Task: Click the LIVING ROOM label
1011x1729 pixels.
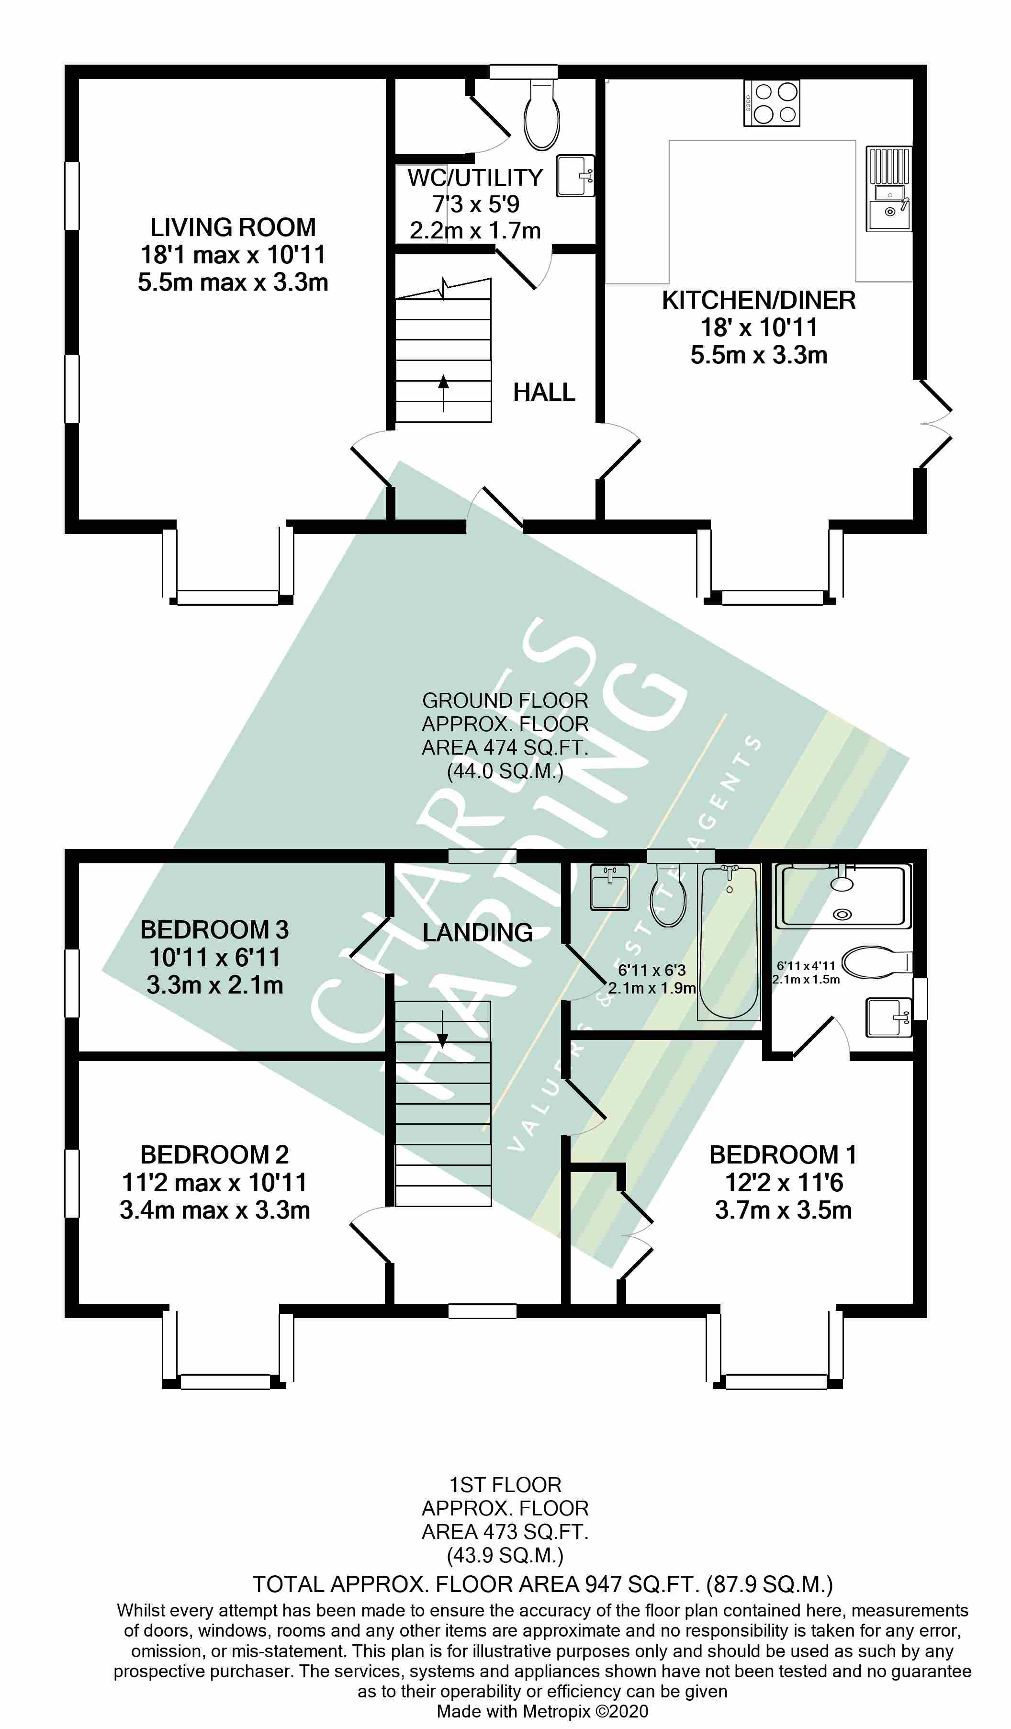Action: [233, 227]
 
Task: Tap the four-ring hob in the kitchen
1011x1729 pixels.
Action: [772, 103]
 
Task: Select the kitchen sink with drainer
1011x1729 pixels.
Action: [889, 189]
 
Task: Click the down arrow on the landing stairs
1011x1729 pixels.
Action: [442, 1029]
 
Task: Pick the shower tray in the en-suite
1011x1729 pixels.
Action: [842, 895]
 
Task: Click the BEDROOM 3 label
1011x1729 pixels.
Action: [214, 930]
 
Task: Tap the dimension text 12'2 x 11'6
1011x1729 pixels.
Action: [783, 1182]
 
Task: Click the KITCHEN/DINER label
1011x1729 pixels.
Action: [759, 300]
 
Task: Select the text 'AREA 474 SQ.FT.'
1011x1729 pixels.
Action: [505, 747]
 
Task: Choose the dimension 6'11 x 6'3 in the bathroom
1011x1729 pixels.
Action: [652, 970]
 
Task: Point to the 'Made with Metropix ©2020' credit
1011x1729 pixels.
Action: [542, 1711]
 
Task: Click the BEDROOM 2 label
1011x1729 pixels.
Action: [214, 1155]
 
